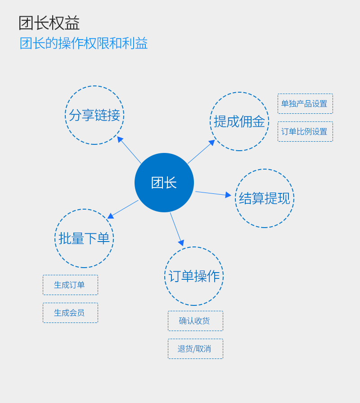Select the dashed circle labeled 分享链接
[94, 115]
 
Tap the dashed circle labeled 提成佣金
[239, 121]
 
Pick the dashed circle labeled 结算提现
[265, 198]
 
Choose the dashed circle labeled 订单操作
[194, 276]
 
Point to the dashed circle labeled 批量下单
[84, 238]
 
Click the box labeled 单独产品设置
[305, 103]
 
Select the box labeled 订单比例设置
[305, 131]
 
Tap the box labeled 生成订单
[70, 285]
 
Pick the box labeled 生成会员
[70, 313]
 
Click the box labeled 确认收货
[195, 321]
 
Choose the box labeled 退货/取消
[195, 349]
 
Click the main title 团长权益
[49, 23]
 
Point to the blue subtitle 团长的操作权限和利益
[84, 43]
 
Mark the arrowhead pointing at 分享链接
[120, 139]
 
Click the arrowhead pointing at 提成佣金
[212, 143]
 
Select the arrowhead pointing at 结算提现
[228, 195]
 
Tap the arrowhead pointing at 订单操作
[181, 243]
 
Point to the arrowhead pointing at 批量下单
[111, 216]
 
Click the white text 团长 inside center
[164, 183]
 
